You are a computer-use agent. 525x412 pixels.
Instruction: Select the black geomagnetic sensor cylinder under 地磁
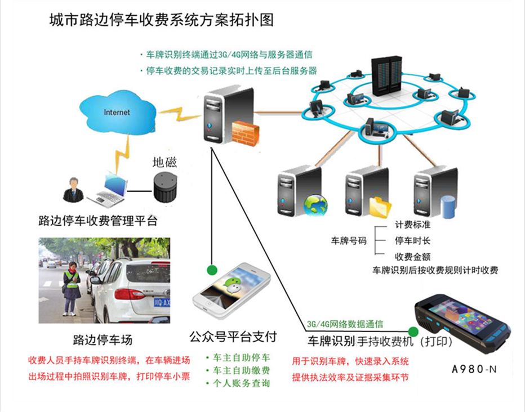tap(164, 188)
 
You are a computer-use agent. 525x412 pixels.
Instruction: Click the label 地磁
tap(164, 163)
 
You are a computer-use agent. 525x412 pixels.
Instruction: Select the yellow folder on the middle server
tap(380, 207)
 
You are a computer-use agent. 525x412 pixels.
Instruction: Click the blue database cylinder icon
tap(448, 207)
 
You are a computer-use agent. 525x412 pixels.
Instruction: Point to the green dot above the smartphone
tap(212, 270)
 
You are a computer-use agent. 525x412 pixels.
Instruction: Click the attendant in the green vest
tap(71, 284)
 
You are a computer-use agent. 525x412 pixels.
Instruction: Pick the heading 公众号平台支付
tap(234, 337)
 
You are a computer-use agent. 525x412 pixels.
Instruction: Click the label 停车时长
tap(412, 241)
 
